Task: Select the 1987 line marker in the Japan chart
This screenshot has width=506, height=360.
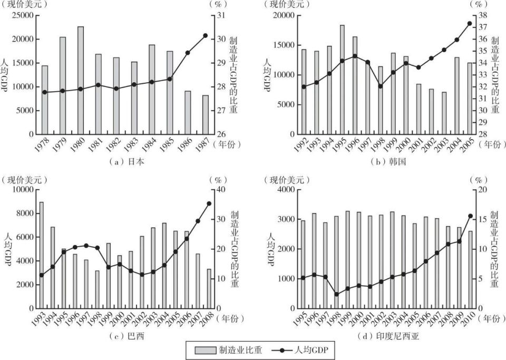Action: pyautogui.click(x=205, y=35)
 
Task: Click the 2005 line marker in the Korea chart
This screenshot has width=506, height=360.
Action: pyautogui.click(x=469, y=23)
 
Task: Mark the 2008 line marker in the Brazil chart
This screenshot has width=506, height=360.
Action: pyautogui.click(x=209, y=203)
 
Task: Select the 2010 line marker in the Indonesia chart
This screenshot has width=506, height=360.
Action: pyautogui.click(x=470, y=216)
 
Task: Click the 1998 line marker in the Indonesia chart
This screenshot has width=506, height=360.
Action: pyautogui.click(x=336, y=294)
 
